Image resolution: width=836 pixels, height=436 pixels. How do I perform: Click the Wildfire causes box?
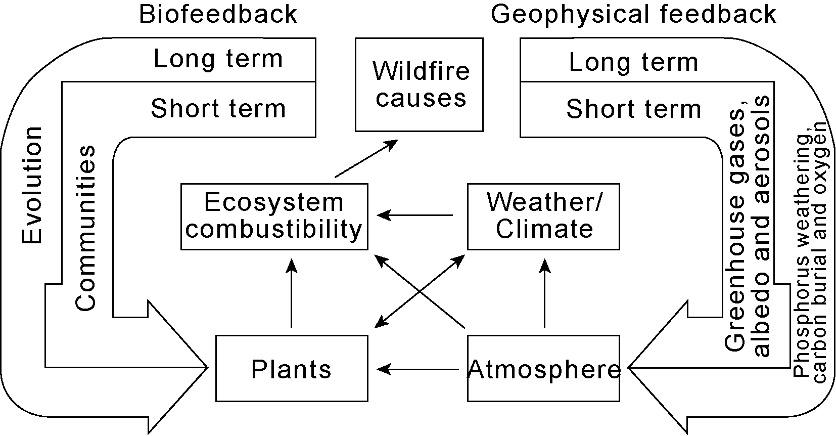tap(419, 84)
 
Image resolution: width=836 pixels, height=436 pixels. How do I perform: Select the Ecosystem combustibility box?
tap(274, 216)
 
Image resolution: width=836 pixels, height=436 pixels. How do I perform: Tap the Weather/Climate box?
tap(543, 216)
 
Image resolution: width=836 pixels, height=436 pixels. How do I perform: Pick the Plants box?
tap(292, 369)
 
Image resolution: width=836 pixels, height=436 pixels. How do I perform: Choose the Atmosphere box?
tap(543, 369)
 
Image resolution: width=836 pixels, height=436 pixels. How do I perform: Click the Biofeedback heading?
tap(218, 14)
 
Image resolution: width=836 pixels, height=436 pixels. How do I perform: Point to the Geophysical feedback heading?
tap(633, 14)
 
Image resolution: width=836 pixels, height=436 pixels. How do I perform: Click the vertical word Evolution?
tap(32, 185)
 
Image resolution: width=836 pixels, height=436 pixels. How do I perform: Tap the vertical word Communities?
tap(85, 228)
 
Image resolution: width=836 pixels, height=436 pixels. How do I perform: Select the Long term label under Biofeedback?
tap(218, 59)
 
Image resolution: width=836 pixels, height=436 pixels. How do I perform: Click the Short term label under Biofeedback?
tap(218, 109)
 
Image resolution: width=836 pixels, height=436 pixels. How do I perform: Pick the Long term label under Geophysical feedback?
tap(633, 63)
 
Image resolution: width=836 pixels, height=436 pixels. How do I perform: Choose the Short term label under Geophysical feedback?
tap(633, 109)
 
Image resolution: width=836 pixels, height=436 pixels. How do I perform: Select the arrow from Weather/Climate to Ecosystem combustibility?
tap(415, 215)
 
